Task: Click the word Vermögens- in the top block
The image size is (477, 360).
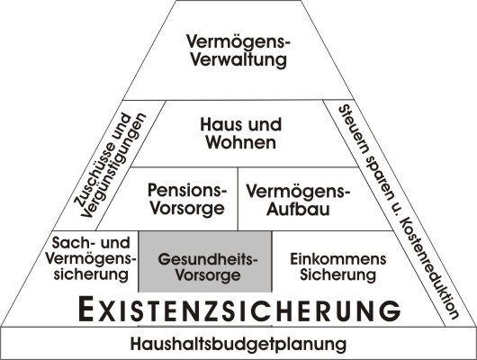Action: pyautogui.click(x=238, y=41)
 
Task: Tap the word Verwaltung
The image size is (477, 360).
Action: pyautogui.click(x=238, y=59)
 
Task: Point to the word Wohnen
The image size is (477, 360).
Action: pyautogui.click(x=241, y=142)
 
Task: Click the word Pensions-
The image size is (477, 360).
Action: pyautogui.click(x=187, y=190)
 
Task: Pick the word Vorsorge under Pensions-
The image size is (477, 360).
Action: pyautogui.click(x=188, y=209)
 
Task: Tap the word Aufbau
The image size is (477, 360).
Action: pyautogui.click(x=298, y=210)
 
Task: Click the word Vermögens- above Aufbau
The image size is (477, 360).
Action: pyautogui.click(x=299, y=192)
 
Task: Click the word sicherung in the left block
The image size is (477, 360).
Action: pyautogui.click(x=91, y=274)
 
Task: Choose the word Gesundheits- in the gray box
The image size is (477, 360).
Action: pyautogui.click(x=208, y=259)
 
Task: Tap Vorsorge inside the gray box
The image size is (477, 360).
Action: pyautogui.click(x=208, y=275)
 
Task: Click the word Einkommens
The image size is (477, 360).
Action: pyautogui.click(x=338, y=259)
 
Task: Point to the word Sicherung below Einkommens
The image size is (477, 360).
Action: pyautogui.click(x=338, y=275)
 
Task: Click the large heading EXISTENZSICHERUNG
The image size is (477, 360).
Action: pyautogui.click(x=239, y=310)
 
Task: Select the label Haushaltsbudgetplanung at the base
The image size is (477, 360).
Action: pyautogui.click(x=238, y=344)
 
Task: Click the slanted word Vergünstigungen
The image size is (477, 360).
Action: pyautogui.click(x=114, y=166)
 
